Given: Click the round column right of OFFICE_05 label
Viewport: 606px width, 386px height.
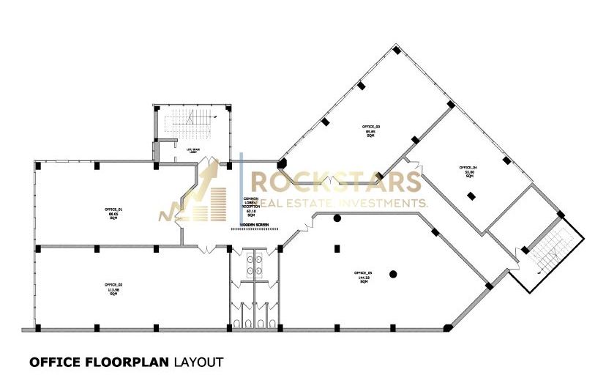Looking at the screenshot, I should (x=393, y=274).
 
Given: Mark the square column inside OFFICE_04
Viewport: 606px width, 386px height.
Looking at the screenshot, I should (x=471, y=196).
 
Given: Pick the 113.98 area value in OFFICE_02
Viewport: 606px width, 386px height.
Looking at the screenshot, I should (x=113, y=288).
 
